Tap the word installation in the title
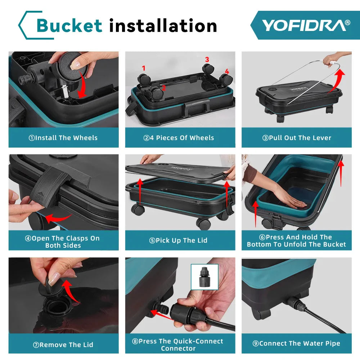pos(163,26)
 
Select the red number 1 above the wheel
pos(144,68)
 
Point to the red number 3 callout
pos(207,59)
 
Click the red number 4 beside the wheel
pos(227,71)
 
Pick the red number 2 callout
pos(164,88)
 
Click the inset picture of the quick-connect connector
pos(204,277)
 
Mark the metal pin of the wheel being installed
pos(65,91)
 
